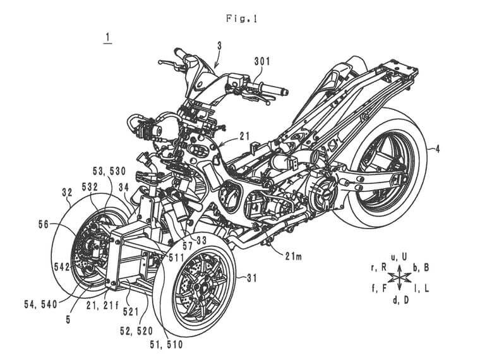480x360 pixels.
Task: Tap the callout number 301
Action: point(262,62)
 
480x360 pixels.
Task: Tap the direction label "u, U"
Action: point(399,256)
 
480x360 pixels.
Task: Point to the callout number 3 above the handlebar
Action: point(218,46)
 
